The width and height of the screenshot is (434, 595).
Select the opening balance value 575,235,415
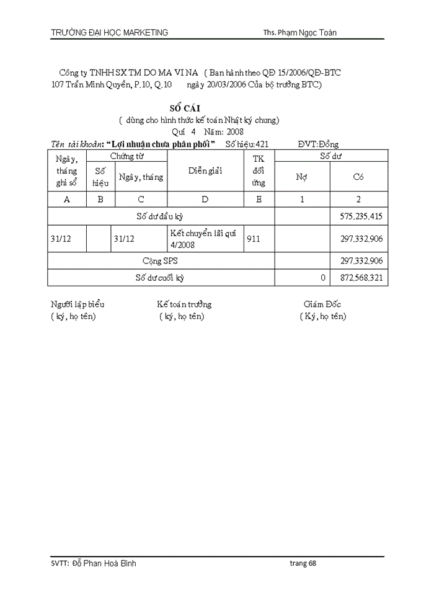[361, 216]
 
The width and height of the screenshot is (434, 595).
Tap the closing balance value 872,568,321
[361, 278]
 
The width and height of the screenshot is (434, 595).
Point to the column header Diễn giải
[205, 170]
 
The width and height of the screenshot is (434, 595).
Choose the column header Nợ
[302, 177]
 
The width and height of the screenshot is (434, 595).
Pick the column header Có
[358, 177]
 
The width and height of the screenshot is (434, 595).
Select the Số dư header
[330, 156]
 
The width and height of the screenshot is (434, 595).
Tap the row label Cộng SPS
[160, 261]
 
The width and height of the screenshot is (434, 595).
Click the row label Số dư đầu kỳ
[160, 216]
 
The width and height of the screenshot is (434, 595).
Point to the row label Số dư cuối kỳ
[160, 278]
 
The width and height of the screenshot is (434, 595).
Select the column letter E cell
[259, 199]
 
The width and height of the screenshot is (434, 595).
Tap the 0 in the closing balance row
[323, 278]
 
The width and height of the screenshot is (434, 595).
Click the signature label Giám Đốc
[322, 304]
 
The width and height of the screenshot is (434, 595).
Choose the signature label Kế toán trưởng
[184, 304]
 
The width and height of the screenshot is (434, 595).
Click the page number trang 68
[303, 563]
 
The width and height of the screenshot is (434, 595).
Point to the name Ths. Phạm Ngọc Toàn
[300, 33]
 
